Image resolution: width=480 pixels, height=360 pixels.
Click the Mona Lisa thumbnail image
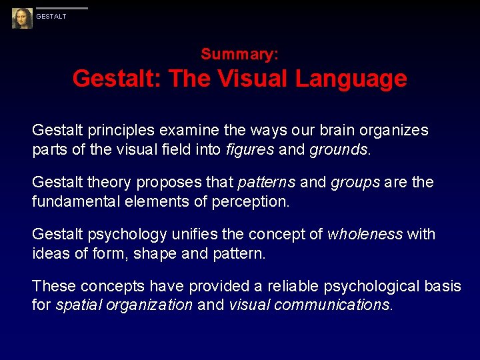coord(22,18)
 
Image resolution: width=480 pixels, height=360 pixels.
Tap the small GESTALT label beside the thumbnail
coord(51,17)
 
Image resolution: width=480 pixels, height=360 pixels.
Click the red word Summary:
coord(240,54)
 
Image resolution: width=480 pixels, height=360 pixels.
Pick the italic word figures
coord(249,149)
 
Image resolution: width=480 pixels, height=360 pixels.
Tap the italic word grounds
coord(338,149)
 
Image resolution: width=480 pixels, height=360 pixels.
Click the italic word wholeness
coord(365,234)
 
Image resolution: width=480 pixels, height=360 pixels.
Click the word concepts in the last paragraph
coord(107,286)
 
